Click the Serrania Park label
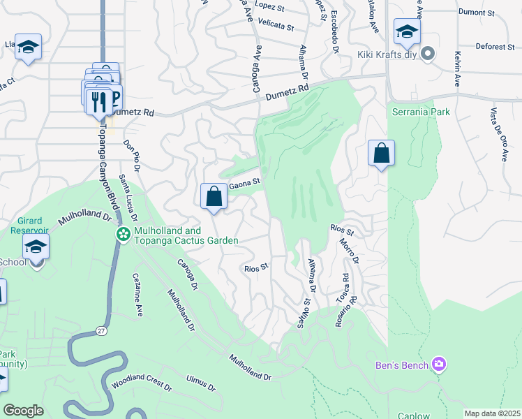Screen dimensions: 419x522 [421, 112]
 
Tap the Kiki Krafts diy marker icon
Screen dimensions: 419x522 [428, 54]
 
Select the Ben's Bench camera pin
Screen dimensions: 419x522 [439, 363]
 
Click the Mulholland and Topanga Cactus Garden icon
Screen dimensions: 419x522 [124, 234]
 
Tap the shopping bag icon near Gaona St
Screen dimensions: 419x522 [214, 196]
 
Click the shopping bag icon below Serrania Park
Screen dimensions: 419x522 [382, 154]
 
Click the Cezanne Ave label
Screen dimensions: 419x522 [138, 293]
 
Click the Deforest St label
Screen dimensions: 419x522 [495, 47]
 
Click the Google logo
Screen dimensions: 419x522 [23, 411]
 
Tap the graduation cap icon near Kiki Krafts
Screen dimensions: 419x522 [407, 31]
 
